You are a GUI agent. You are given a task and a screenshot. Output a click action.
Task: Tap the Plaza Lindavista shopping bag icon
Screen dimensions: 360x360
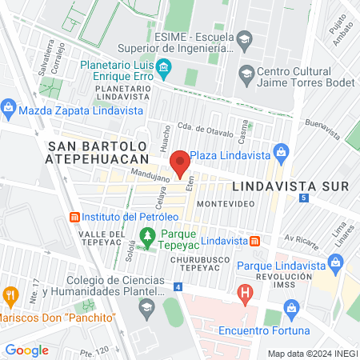(x=281, y=151)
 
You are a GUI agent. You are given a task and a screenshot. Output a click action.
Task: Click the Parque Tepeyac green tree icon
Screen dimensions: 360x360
(x=147, y=235)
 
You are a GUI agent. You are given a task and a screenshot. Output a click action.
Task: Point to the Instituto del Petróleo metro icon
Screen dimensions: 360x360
(x=75, y=217)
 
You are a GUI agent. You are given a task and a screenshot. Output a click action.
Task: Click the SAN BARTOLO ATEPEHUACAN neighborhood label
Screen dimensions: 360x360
(x=98, y=153)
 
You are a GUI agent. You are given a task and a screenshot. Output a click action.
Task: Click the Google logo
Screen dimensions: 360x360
(x=26, y=350)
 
